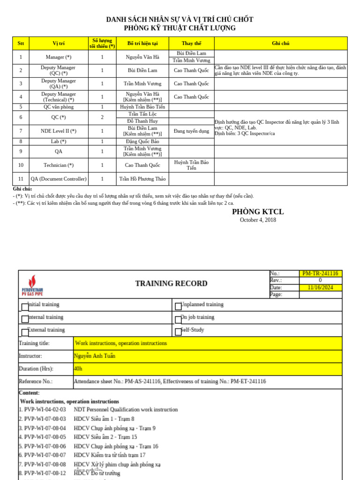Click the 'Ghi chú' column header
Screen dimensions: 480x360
click(280, 43)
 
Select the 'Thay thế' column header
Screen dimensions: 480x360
click(191, 43)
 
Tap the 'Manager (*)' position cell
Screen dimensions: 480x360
click(59, 57)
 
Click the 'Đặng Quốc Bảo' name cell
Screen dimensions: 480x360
click(142, 142)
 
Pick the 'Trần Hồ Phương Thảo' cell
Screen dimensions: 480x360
click(142, 179)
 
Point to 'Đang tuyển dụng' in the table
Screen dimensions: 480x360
click(191, 131)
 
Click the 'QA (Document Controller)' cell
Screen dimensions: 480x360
click(59, 179)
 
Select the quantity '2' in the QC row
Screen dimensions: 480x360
click(102, 118)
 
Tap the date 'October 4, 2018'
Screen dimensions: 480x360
click(258, 220)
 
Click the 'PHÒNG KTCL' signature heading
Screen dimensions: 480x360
click(258, 212)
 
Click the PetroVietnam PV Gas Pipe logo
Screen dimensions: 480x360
click(32, 285)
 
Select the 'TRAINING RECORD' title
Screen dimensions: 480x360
click(171, 284)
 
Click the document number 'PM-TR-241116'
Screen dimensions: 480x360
click(320, 274)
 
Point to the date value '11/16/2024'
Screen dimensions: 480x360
click(320, 288)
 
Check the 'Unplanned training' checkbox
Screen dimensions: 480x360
click(178, 307)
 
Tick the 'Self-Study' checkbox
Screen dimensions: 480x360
click(178, 332)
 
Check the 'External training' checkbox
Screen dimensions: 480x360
click(25, 332)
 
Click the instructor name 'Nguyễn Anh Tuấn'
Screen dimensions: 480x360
click(94, 356)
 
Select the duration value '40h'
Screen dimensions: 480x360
click(78, 369)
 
